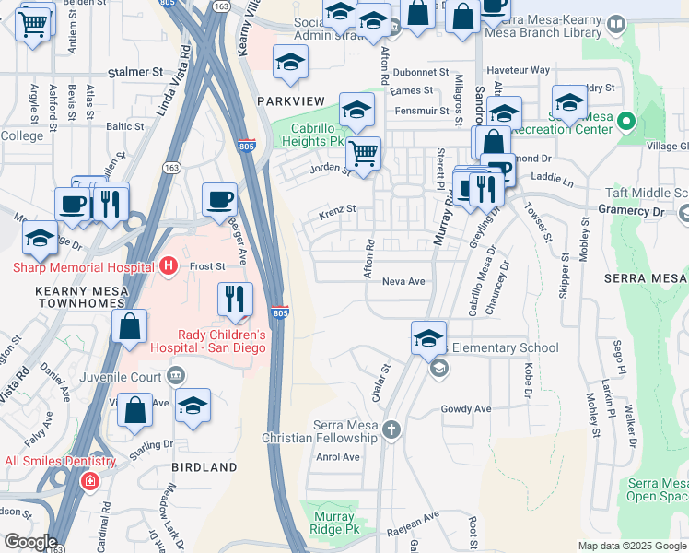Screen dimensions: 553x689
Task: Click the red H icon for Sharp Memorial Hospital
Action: (168, 267)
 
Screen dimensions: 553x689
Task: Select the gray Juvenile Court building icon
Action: (176, 376)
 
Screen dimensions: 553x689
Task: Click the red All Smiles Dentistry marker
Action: (89, 480)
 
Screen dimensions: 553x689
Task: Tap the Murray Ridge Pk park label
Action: (333, 523)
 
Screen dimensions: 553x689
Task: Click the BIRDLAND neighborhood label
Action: (204, 467)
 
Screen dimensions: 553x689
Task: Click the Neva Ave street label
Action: (403, 282)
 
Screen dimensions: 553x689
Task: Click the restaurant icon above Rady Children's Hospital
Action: (236, 300)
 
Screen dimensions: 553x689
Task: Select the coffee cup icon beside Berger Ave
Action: (220, 199)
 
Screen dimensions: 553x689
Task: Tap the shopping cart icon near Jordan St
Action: (365, 154)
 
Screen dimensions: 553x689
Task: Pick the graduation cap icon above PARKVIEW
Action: (291, 63)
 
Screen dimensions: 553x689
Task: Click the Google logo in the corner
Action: (29, 541)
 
